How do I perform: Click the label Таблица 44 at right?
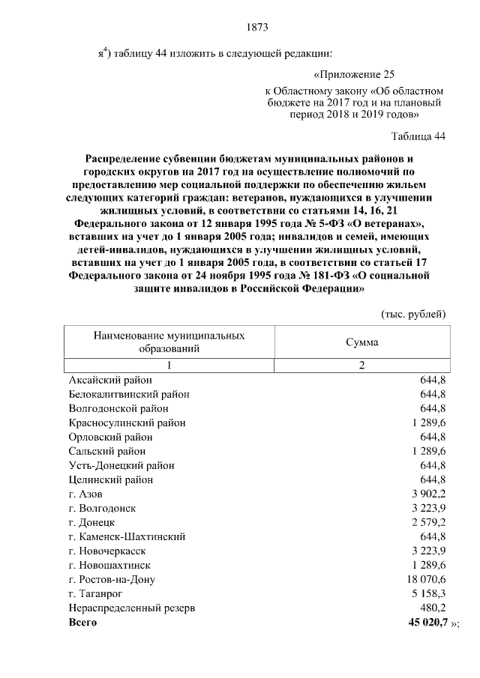[x=418, y=136]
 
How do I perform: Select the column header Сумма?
[x=361, y=342]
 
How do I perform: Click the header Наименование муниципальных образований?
[x=169, y=342]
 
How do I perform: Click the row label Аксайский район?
[x=109, y=380]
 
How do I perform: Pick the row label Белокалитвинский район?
[x=128, y=394]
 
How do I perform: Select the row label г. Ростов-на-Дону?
[x=112, y=579]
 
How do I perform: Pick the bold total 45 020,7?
[x=424, y=622]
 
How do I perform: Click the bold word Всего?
[x=82, y=622]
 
